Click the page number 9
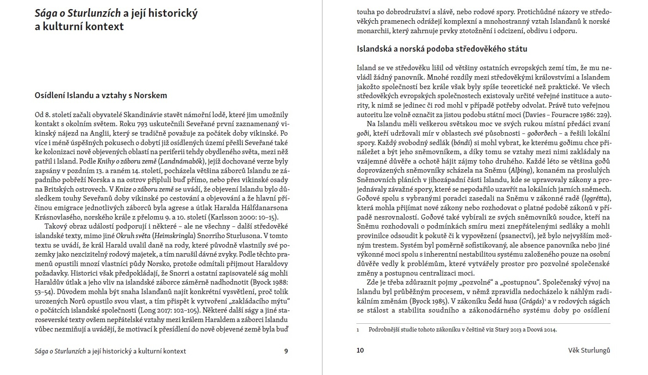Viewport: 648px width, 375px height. (x=286, y=351)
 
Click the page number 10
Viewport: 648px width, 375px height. (x=360, y=350)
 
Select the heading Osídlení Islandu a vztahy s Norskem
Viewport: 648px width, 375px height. (x=101, y=96)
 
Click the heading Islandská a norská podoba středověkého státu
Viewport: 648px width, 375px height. (x=442, y=49)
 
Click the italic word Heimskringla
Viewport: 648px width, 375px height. (x=174, y=236)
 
